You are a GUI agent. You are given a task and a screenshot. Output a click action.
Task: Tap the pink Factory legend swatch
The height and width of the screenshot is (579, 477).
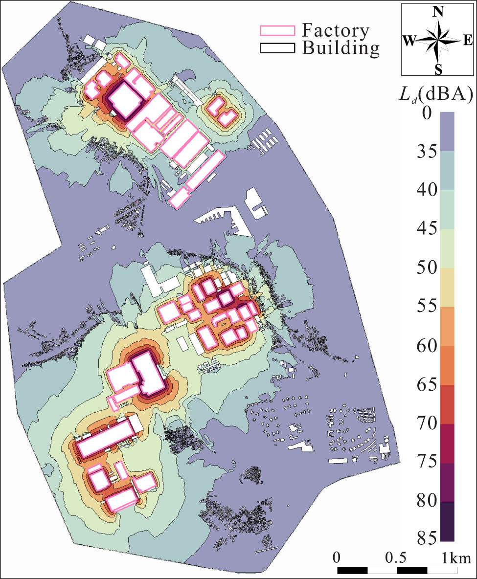pyautogui.click(x=277, y=31)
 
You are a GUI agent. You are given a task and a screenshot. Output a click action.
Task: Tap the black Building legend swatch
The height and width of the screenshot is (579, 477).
pyautogui.click(x=277, y=47)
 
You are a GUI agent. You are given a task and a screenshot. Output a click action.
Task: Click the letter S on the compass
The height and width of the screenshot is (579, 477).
pyautogui.click(x=438, y=70)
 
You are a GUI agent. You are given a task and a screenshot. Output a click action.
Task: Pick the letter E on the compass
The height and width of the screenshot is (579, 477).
pyautogui.click(x=467, y=41)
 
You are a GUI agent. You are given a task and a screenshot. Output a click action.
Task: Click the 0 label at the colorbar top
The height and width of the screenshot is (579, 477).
pyautogui.click(x=427, y=113)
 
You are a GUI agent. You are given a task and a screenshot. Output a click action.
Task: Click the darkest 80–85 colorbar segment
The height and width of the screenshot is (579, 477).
pyautogui.click(x=447, y=521)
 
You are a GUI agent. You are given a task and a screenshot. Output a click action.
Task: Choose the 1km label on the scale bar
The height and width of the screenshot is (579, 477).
pyautogui.click(x=457, y=557)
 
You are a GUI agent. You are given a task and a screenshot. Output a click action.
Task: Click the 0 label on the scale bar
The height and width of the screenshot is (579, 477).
pyautogui.click(x=337, y=557)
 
